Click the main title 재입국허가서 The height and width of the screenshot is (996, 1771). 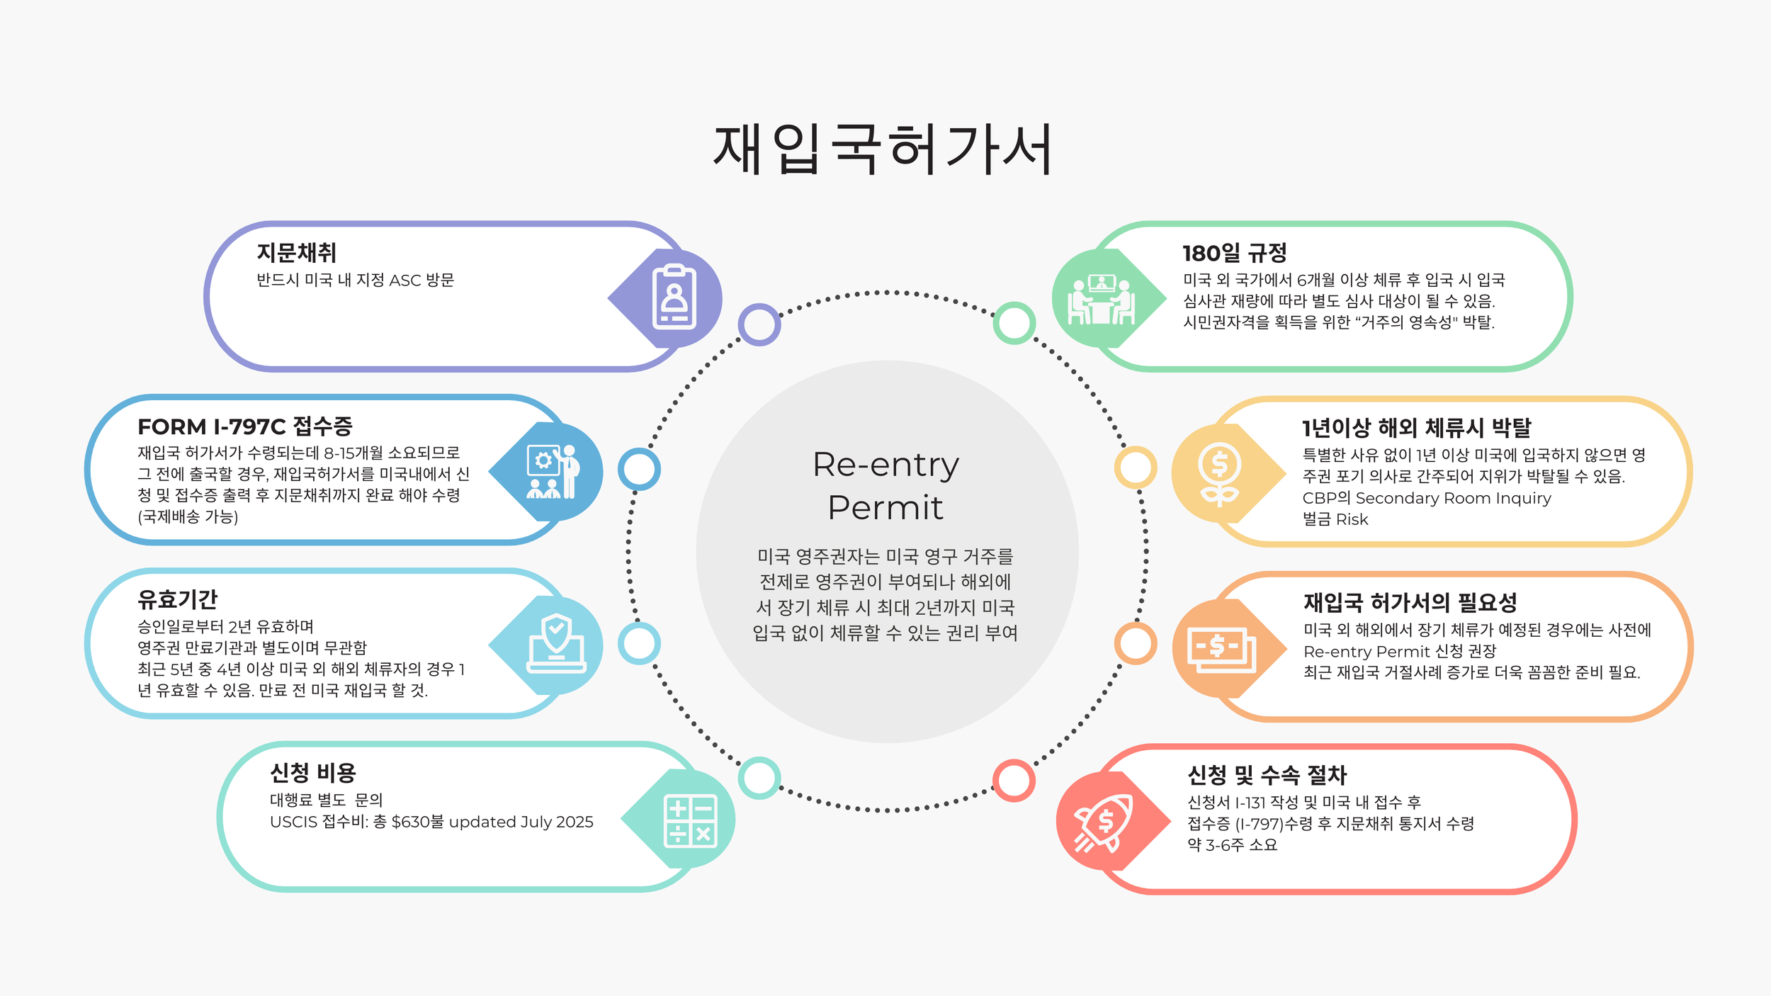[x=883, y=149]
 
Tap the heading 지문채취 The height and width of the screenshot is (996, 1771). [x=296, y=253]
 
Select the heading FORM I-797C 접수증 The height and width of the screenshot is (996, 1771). [x=244, y=426]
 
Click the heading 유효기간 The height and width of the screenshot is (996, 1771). [x=177, y=600]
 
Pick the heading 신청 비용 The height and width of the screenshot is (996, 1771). [x=312, y=773]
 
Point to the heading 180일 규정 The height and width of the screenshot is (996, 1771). [x=1234, y=253]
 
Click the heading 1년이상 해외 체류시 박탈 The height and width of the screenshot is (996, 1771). [x=1416, y=428]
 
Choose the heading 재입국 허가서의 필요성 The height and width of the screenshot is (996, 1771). [x=1410, y=603]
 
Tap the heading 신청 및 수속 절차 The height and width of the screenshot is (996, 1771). [x=1267, y=776]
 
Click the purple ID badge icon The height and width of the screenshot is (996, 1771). [x=674, y=298]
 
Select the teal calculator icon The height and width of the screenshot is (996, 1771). [x=689, y=820]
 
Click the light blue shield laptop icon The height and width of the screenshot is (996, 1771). [x=556, y=645]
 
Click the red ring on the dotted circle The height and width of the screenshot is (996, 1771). [x=1014, y=781]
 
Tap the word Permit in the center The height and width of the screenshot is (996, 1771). [x=885, y=508]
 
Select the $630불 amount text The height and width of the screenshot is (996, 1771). [x=417, y=822]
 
